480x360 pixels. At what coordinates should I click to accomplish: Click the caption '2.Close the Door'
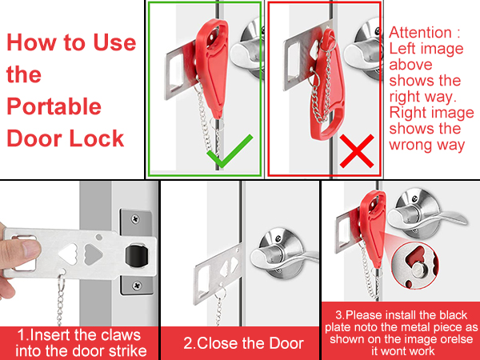[243, 343]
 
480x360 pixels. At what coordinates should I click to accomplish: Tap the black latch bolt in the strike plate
[134, 258]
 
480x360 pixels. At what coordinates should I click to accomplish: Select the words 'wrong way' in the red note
[426, 145]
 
